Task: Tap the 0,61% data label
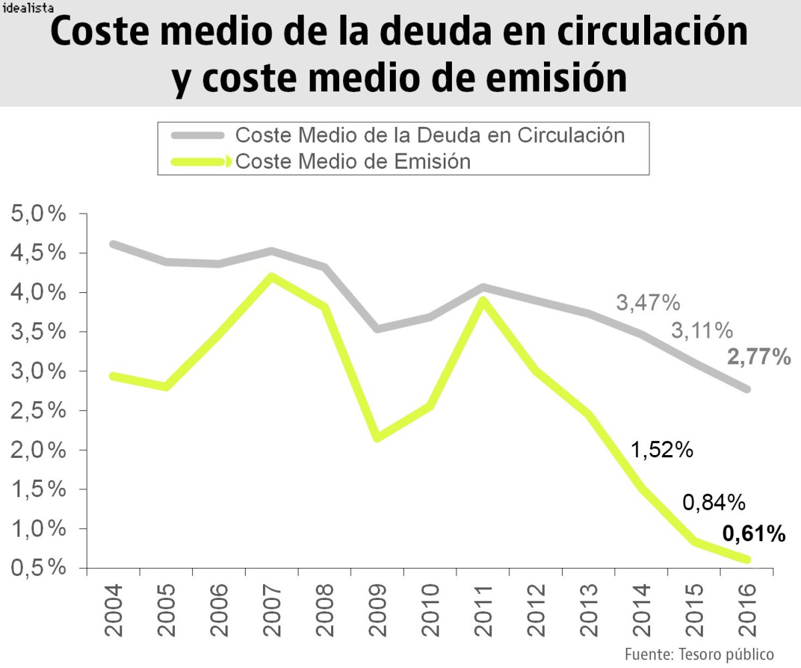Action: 754,534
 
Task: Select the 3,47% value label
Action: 647,303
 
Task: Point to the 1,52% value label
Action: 661,450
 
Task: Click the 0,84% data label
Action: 714,502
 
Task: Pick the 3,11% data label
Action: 701,330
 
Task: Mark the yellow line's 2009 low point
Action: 377,438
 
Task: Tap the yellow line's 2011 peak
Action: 483,300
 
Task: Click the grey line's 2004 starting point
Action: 113,244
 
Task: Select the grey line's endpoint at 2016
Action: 747,389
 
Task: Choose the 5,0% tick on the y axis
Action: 39,214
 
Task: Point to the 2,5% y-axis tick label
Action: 39,410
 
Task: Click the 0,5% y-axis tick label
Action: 39,568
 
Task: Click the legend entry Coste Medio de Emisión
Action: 353,161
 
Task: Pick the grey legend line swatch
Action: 198,135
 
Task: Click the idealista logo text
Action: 29,10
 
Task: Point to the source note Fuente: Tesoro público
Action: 699,653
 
